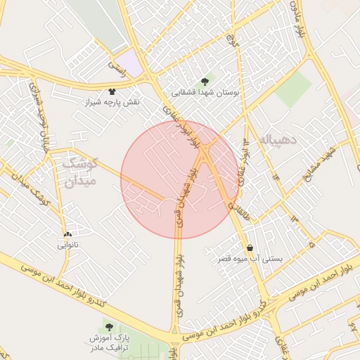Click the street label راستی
click(115, 67)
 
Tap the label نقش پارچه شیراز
click(114, 103)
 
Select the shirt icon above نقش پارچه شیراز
click(112, 91)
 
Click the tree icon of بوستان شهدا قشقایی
click(205, 81)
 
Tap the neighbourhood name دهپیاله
click(279, 139)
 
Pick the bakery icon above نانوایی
click(67, 234)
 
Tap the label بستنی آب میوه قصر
click(251, 259)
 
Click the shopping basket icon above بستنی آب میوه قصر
click(250, 247)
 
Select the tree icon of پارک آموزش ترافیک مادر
click(108, 327)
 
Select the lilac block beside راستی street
click(129, 60)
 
